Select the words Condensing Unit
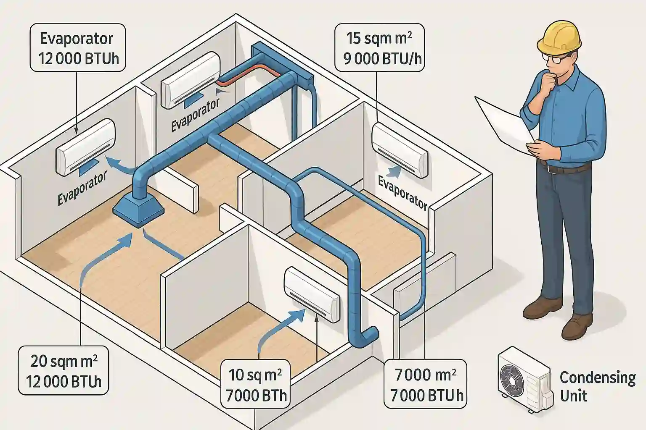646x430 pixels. coord(597,386)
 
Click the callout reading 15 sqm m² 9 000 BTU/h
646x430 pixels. coord(379,48)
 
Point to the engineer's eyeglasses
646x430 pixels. coord(552,58)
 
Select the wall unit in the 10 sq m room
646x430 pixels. coord(312,294)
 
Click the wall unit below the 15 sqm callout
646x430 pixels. coord(400,149)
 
